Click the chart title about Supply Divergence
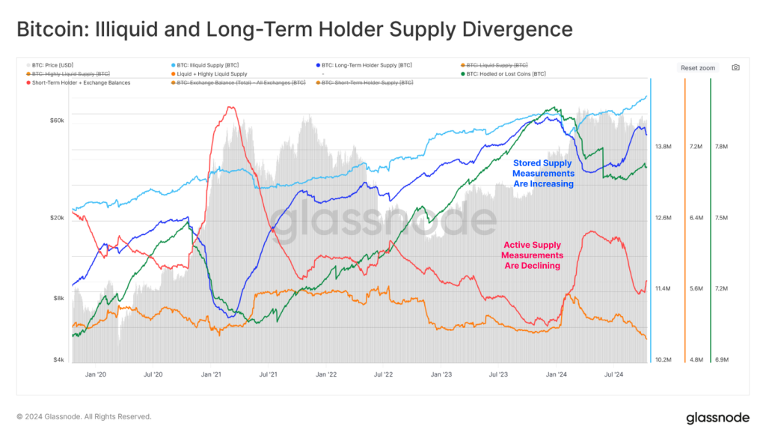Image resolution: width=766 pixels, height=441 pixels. point(294,30)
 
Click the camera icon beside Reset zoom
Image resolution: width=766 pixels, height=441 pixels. point(735,67)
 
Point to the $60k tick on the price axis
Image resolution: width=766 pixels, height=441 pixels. point(58,120)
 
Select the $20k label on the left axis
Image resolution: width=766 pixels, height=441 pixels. point(58,218)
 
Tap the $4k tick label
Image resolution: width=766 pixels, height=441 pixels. point(59,360)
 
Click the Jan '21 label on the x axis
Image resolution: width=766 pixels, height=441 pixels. point(211,374)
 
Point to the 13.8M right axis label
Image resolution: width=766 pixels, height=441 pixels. point(663,147)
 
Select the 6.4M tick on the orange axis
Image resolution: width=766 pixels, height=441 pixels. point(696,218)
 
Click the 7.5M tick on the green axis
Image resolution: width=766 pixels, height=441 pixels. point(722,218)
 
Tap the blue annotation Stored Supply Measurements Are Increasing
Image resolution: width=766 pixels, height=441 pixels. point(542,173)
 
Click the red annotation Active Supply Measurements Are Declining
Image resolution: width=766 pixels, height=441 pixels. point(533,255)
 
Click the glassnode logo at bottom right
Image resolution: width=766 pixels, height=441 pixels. point(717,418)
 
